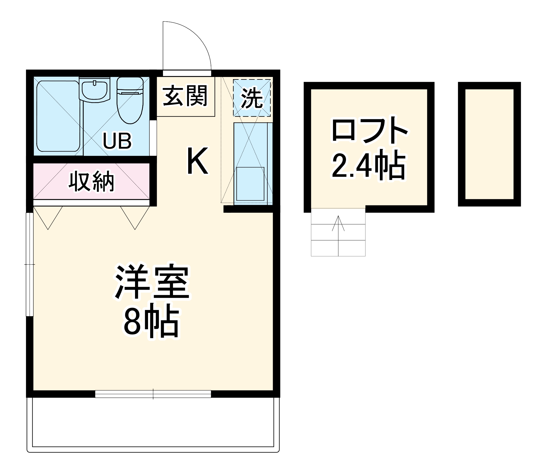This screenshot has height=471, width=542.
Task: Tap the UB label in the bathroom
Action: tap(117, 141)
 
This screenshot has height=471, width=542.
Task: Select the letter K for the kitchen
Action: tap(197, 161)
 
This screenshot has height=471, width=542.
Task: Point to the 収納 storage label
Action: tap(91, 181)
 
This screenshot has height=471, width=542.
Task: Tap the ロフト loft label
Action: tap(369, 130)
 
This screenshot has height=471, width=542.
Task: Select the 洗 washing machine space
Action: tap(252, 98)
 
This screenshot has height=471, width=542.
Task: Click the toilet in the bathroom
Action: tap(130, 100)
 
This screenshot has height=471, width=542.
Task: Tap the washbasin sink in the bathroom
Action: tap(94, 90)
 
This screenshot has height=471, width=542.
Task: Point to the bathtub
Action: tap(58, 116)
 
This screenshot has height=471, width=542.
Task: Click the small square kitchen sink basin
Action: tap(250, 184)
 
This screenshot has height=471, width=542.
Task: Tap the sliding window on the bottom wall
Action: tap(153, 394)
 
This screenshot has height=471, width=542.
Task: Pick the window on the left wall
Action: tap(30, 264)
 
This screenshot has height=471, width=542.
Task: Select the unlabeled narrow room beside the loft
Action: tap(489, 144)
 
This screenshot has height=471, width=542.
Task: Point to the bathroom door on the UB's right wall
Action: tap(153, 138)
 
